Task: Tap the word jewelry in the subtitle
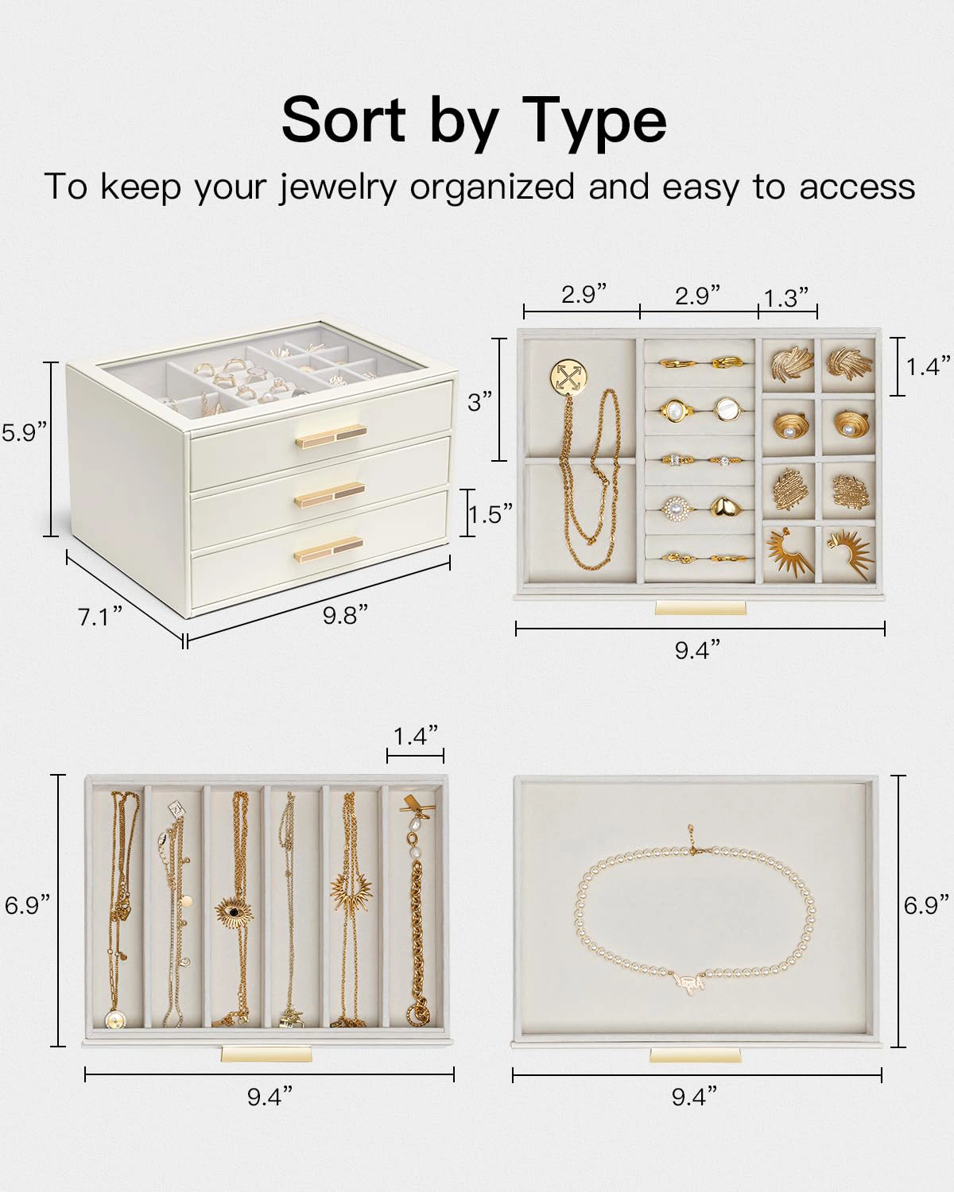(338, 189)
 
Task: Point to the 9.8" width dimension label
(345, 614)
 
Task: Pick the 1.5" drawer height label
(490, 513)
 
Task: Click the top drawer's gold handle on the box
(331, 435)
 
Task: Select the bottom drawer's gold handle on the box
(328, 549)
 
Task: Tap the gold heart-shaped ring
(723, 506)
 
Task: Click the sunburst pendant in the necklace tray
(351, 889)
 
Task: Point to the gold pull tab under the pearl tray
(695, 1055)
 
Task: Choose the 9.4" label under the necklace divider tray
(270, 1096)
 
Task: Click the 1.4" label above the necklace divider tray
(416, 736)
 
